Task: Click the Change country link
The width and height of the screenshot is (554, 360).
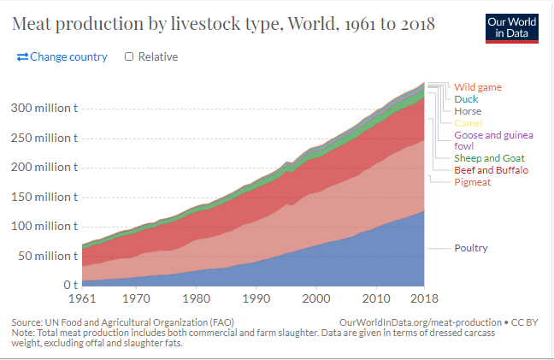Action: [62, 56]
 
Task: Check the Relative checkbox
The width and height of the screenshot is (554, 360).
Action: [129, 56]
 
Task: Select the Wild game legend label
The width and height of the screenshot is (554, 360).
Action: [477, 87]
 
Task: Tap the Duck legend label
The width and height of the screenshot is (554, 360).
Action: [466, 99]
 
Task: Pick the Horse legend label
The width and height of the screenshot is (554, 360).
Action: [468, 111]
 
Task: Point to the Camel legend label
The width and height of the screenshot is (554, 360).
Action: [469, 123]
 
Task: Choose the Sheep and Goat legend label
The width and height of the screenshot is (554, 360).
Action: [489, 158]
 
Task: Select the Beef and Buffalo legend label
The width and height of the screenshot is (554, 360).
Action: [491, 170]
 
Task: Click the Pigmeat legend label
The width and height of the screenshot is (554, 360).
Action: [472, 182]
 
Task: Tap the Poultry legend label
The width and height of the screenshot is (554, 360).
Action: [471, 248]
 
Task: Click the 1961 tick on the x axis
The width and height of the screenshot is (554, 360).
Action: [83, 298]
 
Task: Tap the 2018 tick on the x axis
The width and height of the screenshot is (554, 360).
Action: [424, 298]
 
